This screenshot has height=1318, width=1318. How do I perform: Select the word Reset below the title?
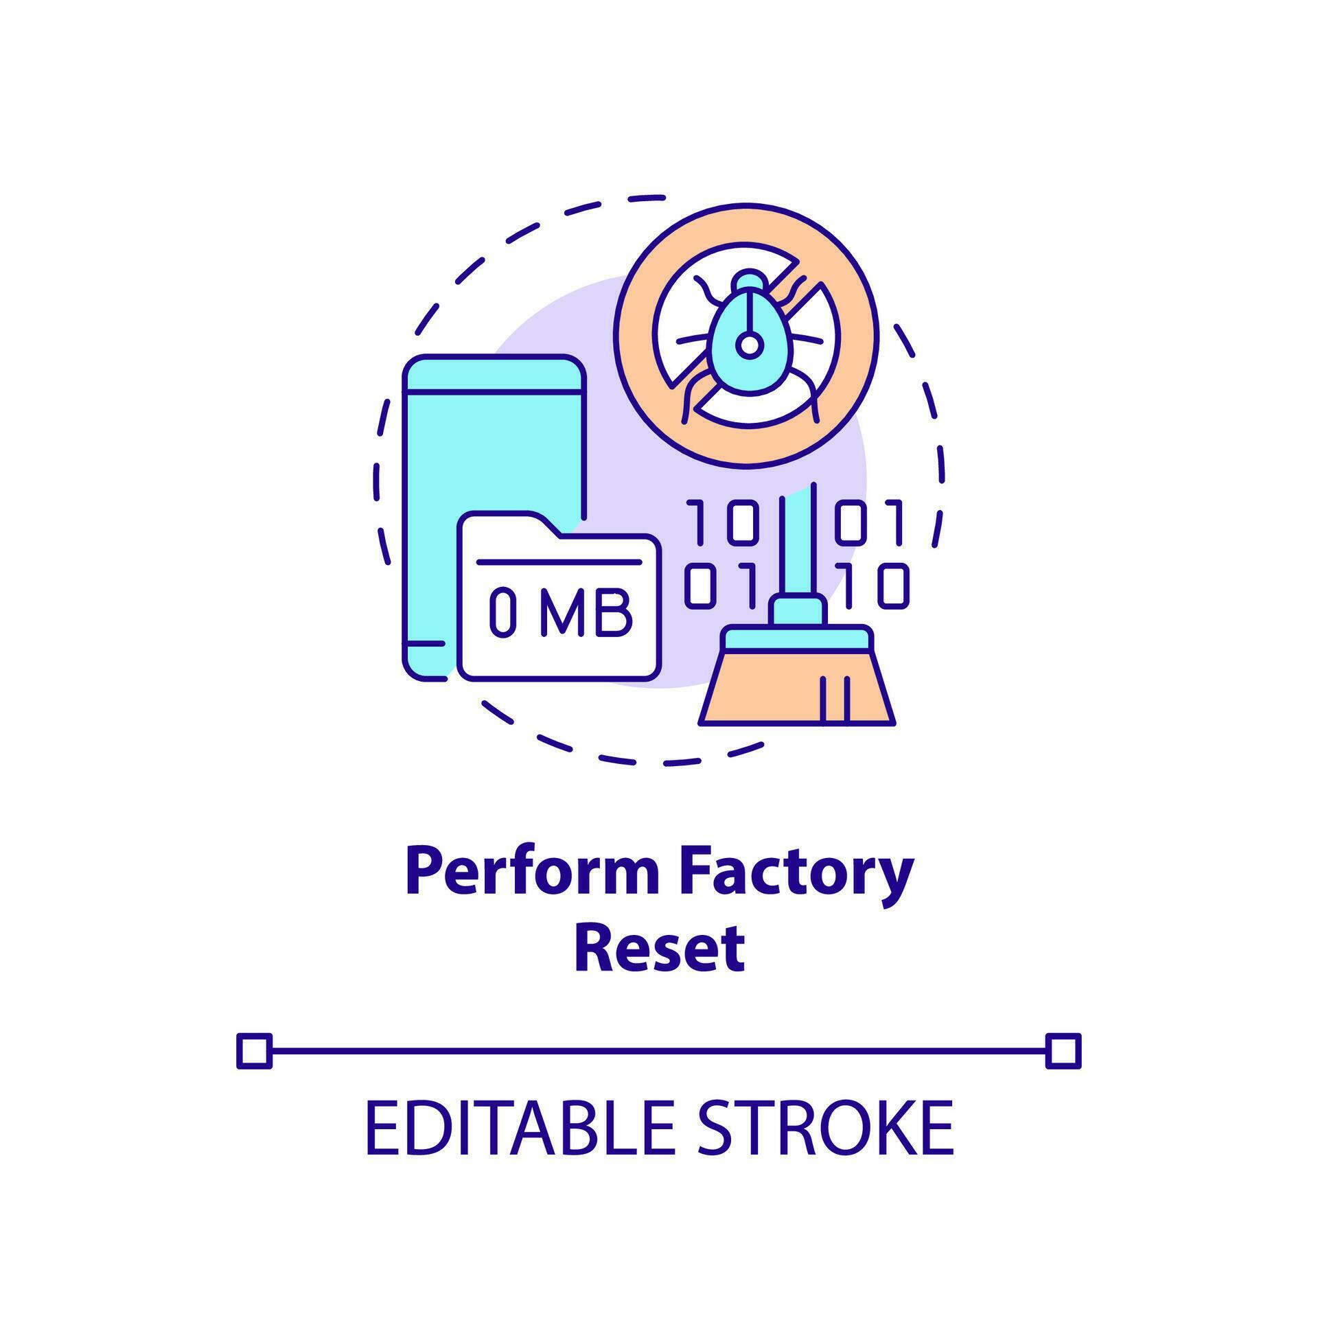pos(659,948)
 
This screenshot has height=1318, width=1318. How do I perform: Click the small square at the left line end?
pos(254,1051)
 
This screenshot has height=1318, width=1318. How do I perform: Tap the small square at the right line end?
pos(1063,1051)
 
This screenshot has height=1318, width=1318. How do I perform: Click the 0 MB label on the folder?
pos(559,613)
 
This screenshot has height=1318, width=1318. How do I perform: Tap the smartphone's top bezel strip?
pos(494,374)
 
